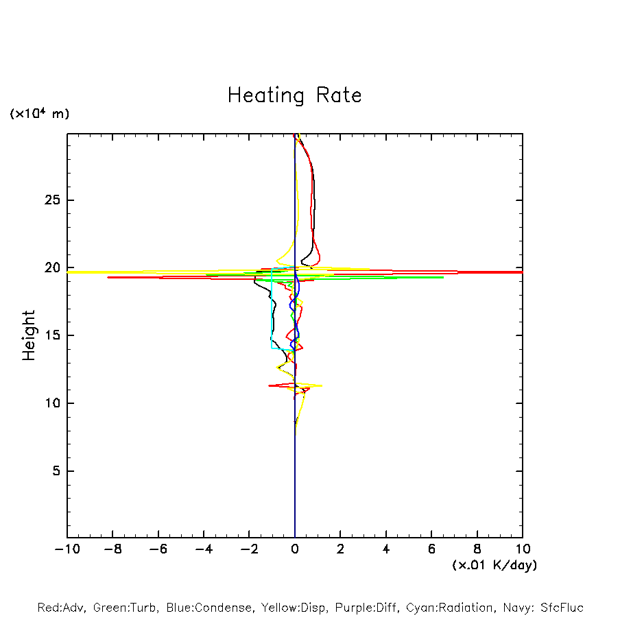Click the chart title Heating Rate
point(294,95)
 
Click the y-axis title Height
point(29,335)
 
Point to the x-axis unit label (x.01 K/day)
point(494,565)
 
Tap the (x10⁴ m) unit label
point(39,114)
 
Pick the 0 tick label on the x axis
point(295,549)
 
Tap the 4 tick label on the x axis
point(386,549)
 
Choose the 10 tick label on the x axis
point(522,549)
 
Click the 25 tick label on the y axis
point(51,200)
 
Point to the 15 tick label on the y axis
point(51,335)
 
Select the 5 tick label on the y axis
point(56,471)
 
